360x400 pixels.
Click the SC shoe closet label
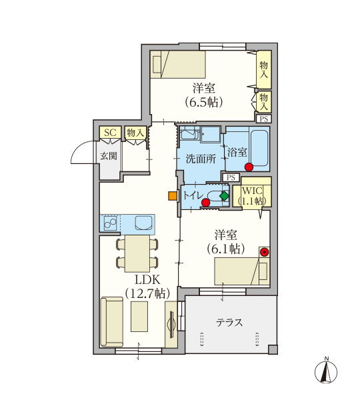[x=110, y=132]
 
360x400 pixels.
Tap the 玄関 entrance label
[x=109, y=156]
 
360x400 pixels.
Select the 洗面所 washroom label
[x=201, y=159]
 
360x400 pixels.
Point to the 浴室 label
[x=237, y=153]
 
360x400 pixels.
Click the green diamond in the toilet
[x=224, y=196]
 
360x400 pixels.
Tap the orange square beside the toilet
[x=173, y=196]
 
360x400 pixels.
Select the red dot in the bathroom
[x=249, y=167]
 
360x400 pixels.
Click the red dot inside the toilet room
[x=205, y=203]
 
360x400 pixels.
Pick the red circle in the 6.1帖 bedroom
[x=264, y=252]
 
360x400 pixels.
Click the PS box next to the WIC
[x=231, y=177]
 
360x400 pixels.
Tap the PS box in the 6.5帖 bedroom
[x=264, y=119]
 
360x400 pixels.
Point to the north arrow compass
[x=326, y=371]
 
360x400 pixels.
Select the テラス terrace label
[x=229, y=323]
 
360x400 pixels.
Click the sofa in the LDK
[x=112, y=322]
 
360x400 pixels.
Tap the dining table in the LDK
[x=137, y=253]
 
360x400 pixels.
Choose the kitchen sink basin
[x=143, y=223]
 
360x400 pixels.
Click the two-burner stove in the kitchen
[x=110, y=223]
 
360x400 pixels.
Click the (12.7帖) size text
[x=148, y=294]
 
